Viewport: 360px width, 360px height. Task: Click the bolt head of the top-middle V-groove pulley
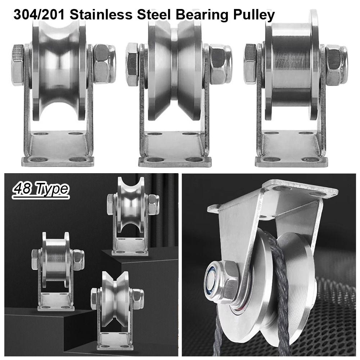click(132, 65)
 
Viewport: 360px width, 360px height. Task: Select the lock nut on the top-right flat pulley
click(337, 65)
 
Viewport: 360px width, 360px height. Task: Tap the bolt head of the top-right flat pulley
click(250, 64)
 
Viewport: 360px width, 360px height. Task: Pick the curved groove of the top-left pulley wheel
click(59, 68)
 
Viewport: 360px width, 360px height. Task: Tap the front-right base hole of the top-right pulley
click(310, 159)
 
